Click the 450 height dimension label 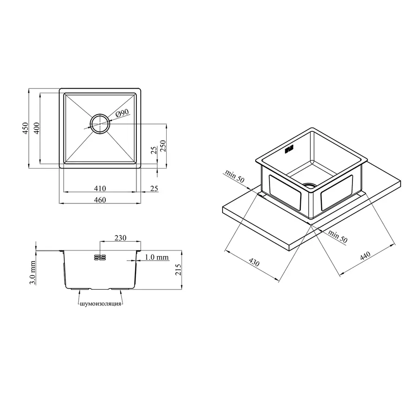[x=25, y=128]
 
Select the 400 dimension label [x=36, y=128]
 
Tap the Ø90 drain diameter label [x=122, y=113]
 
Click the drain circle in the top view [x=100, y=124]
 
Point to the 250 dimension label [x=163, y=146]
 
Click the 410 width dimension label [x=100, y=189]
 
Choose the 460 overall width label [x=100, y=200]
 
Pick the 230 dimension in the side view [x=120, y=238]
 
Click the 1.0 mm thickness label [x=157, y=257]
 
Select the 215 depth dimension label [x=178, y=270]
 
